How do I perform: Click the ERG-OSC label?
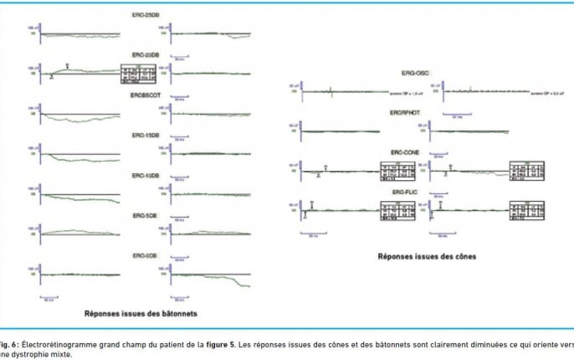(x=417, y=74)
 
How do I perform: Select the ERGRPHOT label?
(x=417, y=113)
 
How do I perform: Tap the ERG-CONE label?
(x=417, y=153)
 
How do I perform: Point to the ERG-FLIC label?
(x=417, y=192)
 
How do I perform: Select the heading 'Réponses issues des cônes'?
(x=426, y=256)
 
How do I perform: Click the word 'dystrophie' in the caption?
(x=33, y=353)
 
